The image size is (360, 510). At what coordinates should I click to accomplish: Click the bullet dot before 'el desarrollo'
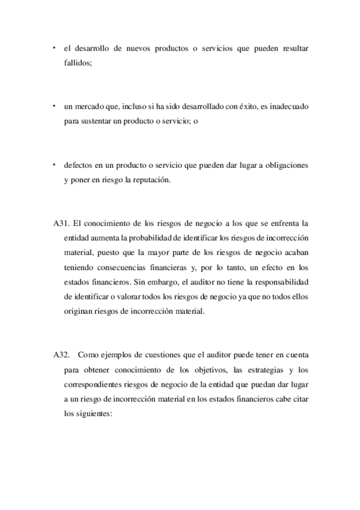[54, 46]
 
